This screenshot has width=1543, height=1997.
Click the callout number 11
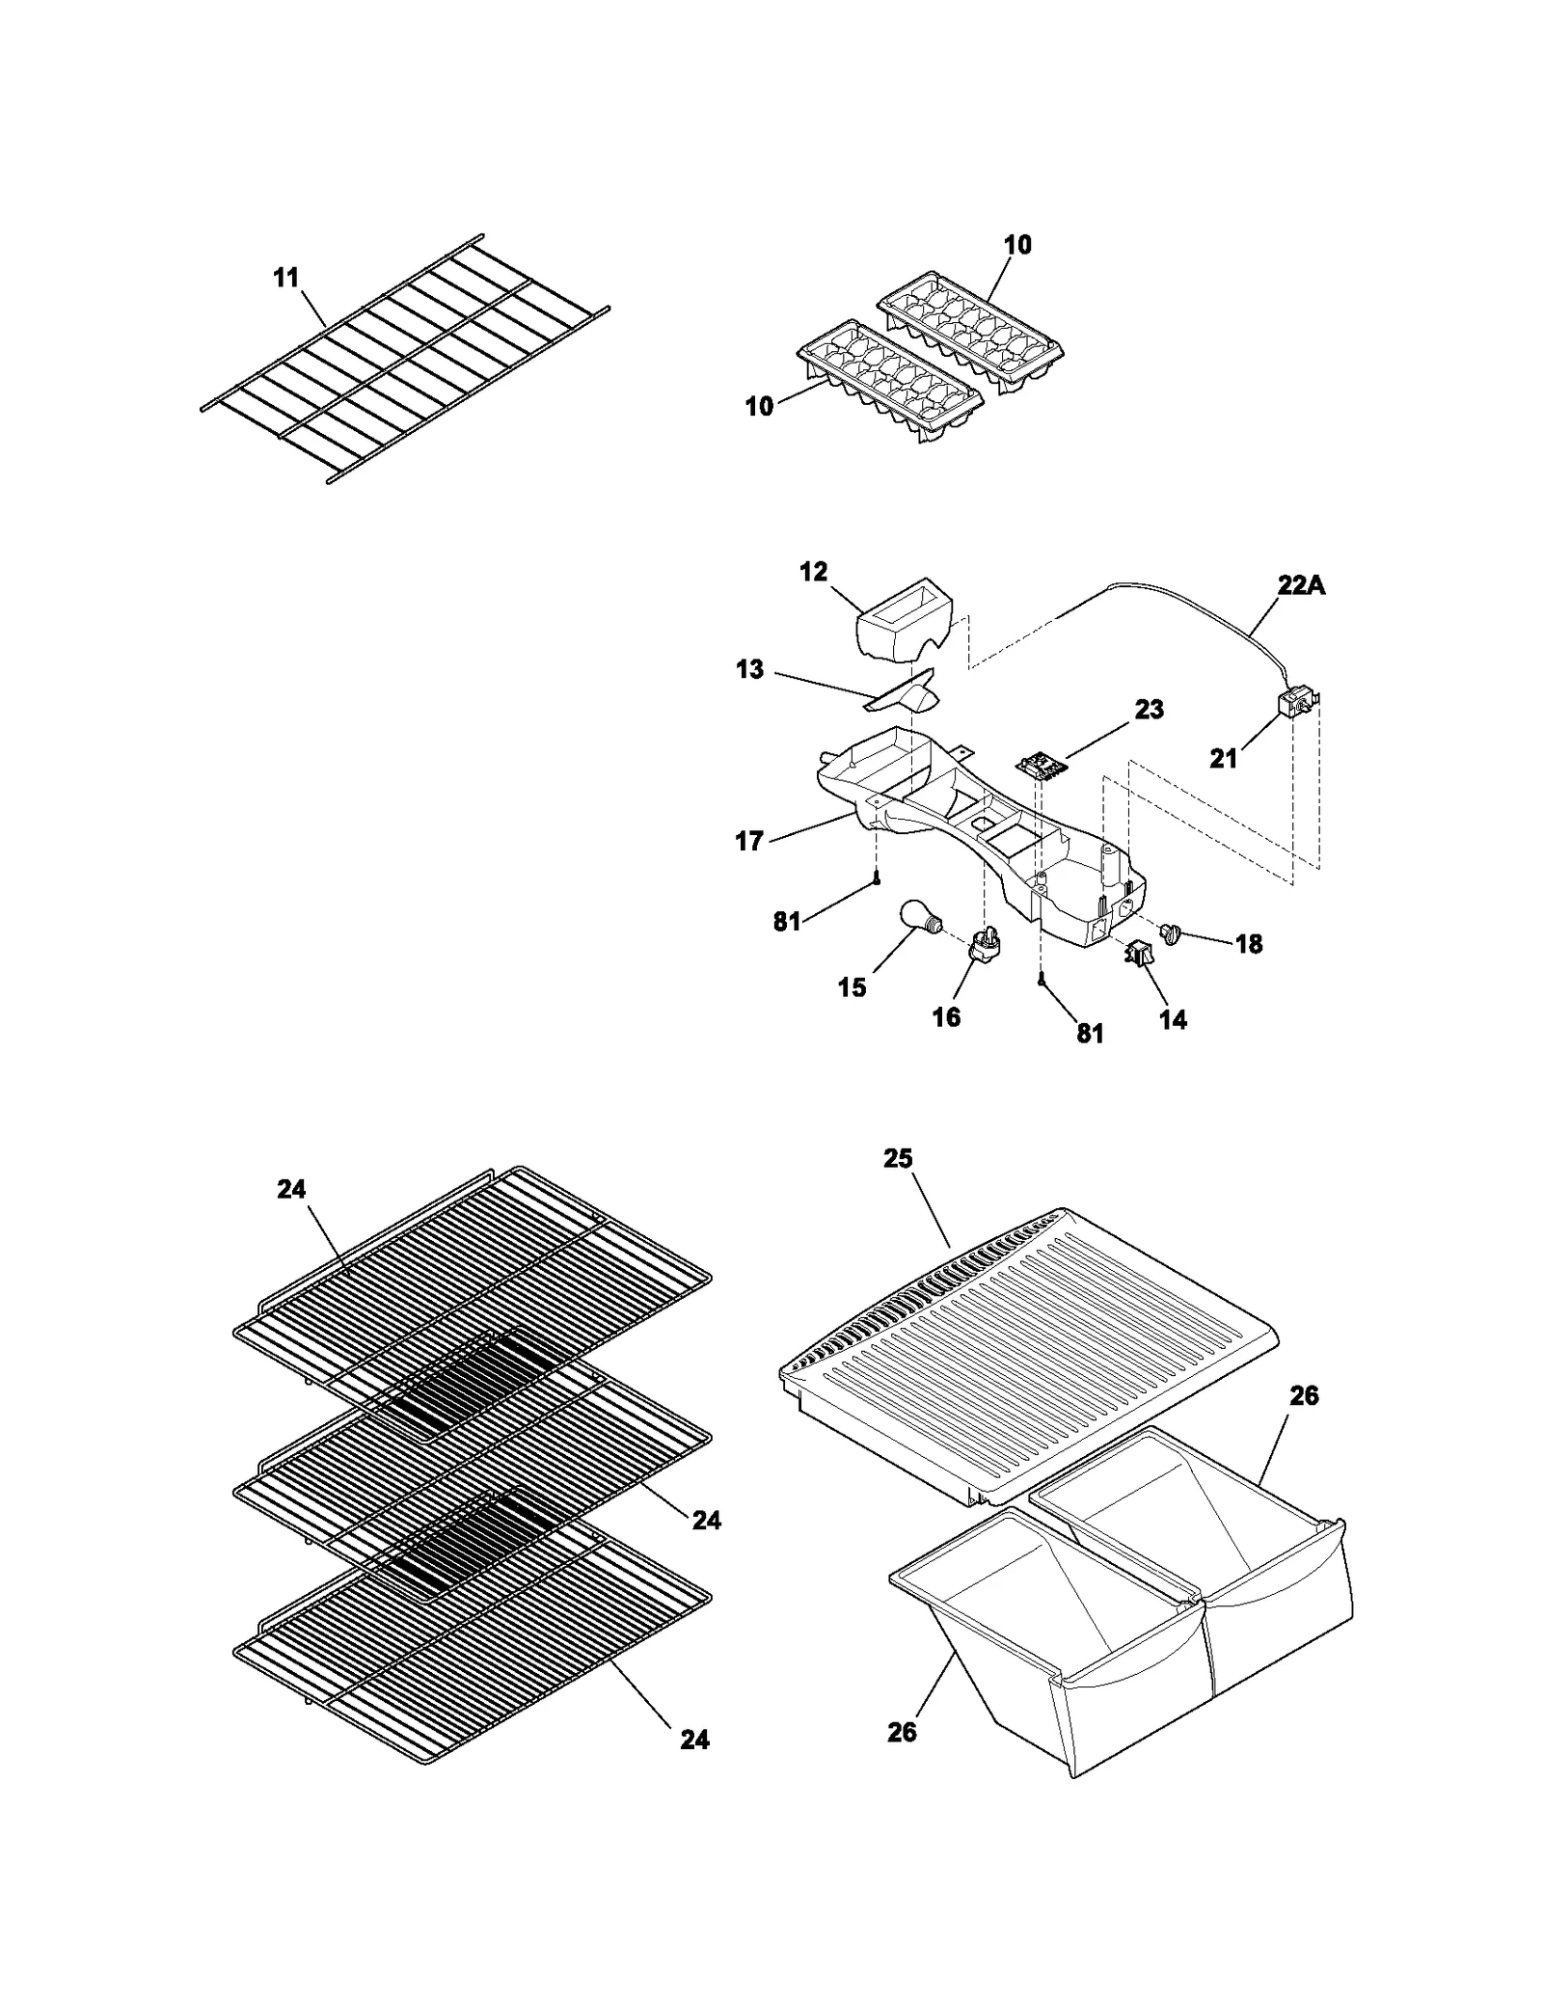pos(285,278)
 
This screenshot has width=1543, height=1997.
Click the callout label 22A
pos(1301,584)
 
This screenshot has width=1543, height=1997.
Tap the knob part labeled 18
pos(1173,932)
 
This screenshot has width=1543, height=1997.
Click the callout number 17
pos(749,841)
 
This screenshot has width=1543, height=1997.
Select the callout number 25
pos(898,1158)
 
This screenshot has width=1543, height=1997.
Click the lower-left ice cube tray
pos(889,383)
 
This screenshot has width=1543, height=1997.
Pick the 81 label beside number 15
pos(787,922)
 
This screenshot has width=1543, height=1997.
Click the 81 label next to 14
pos(1090,1033)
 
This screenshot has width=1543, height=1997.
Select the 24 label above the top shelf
pos(291,1190)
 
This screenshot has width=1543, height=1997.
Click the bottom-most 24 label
pos(694,1740)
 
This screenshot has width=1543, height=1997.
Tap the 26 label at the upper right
pos(1304,1395)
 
